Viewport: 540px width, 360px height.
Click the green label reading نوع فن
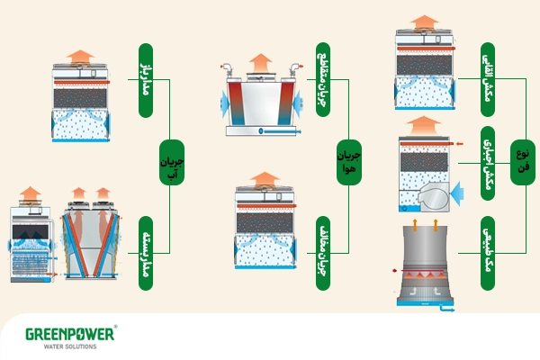tap(522, 162)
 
